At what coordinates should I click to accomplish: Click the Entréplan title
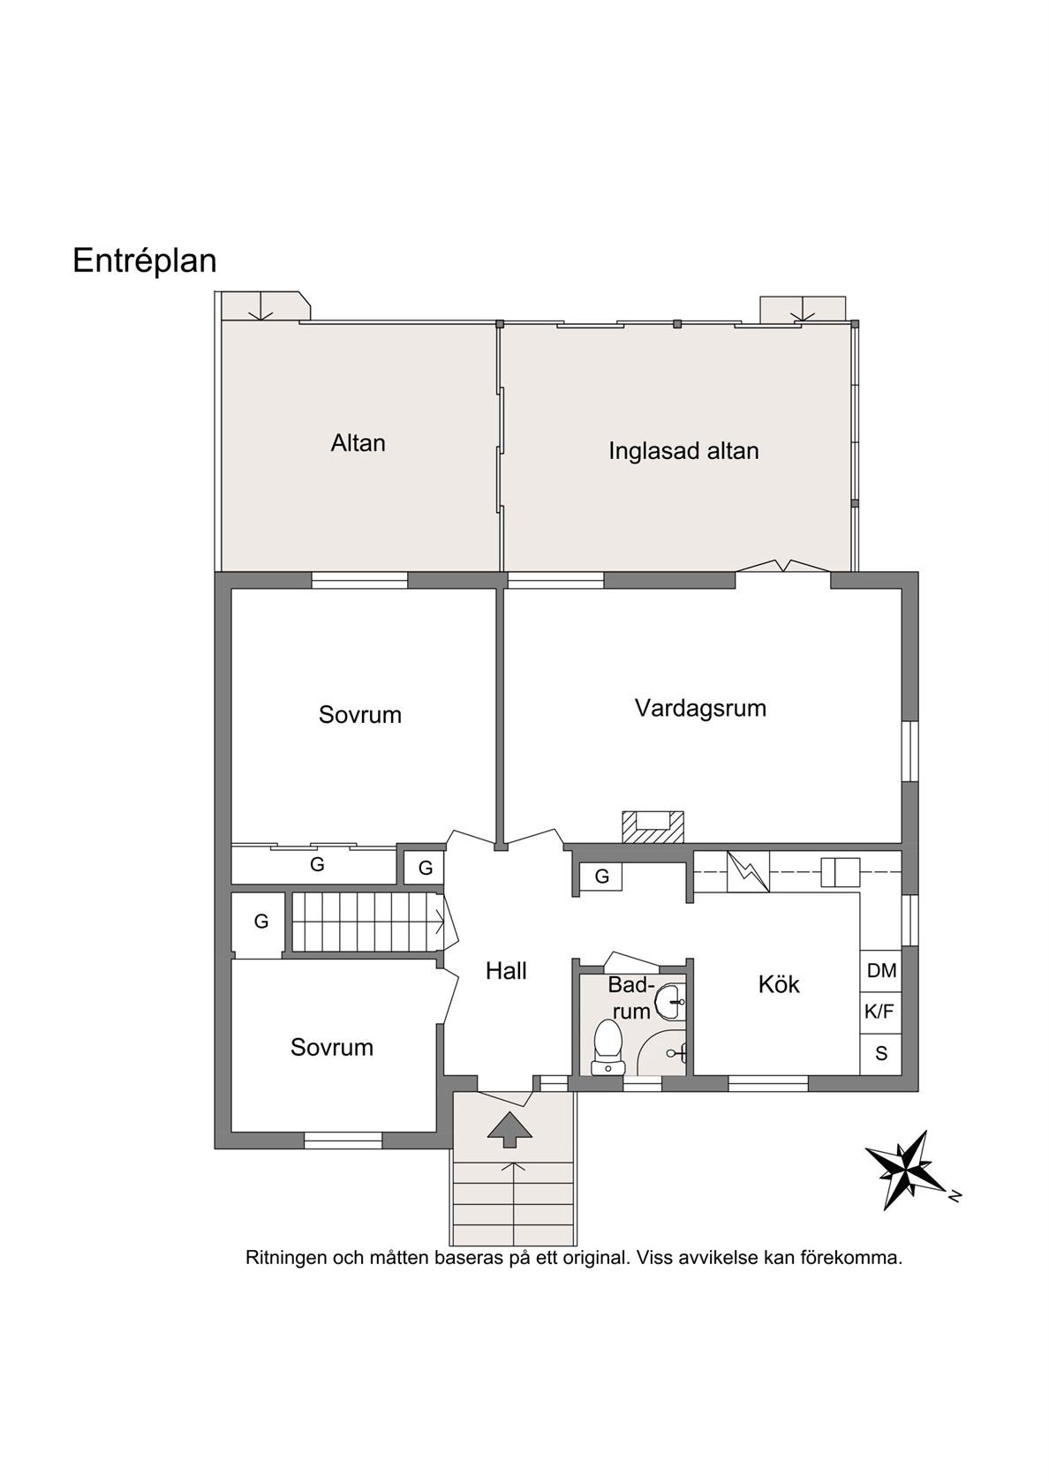coord(145,261)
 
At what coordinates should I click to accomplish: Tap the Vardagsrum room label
coord(701,708)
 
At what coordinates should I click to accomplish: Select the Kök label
coord(779,984)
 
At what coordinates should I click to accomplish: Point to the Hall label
coord(506,971)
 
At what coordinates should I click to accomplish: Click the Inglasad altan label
coord(683,451)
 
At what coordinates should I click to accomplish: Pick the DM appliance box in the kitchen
coord(881,971)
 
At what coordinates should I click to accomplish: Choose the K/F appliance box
coord(881,1012)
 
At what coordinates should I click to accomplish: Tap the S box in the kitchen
coord(881,1053)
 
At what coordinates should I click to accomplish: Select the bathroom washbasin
coord(670,1000)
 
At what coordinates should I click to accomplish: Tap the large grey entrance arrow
coord(510,1130)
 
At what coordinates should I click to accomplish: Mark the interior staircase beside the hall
coord(368,922)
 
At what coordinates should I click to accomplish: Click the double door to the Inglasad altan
coord(783,567)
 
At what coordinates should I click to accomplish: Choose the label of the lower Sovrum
coord(332,1047)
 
